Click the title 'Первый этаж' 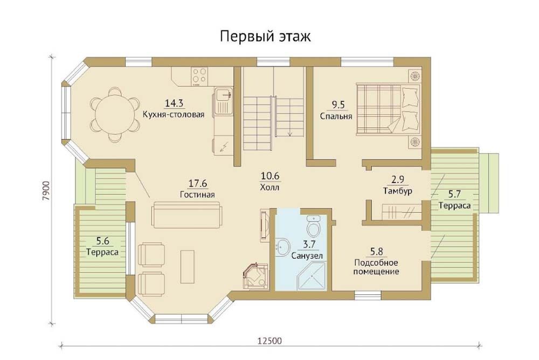[x=265, y=36]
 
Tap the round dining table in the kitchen [x=115, y=114]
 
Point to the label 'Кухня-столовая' [x=174, y=114]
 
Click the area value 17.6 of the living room [x=198, y=183]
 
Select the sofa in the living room [x=186, y=215]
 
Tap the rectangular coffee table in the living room [x=188, y=267]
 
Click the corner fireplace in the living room [x=255, y=276]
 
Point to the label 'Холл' [x=270, y=188]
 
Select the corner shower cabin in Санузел [x=312, y=276]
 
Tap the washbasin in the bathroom [x=283, y=246]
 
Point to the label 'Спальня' [x=336, y=116]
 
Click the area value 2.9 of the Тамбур [x=397, y=179]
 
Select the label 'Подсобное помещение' [x=376, y=267]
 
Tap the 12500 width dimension [x=269, y=341]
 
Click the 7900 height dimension [x=47, y=191]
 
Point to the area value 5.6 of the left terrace [x=102, y=241]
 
